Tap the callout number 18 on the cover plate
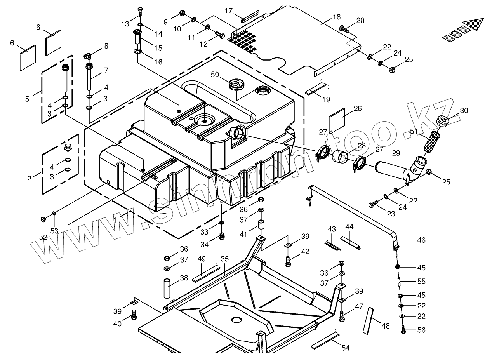[336, 17]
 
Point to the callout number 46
[421, 240]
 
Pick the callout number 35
[224, 258]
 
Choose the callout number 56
[421, 330]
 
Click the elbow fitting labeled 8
[88, 56]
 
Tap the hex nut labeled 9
[182, 14]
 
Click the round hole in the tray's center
[236, 320]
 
